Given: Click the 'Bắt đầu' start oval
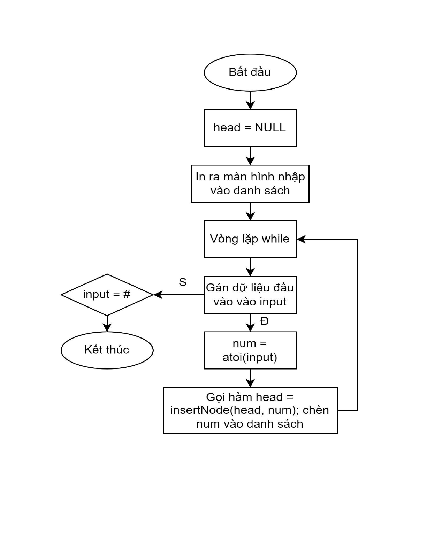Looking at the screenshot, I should (250, 72).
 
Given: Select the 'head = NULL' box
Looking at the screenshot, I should (250, 128).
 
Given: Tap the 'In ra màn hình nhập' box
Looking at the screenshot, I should (250, 184).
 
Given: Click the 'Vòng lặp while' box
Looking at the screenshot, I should (250, 239).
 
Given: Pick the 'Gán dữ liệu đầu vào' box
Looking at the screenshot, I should (250, 295).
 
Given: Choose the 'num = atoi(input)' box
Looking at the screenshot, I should (250, 350).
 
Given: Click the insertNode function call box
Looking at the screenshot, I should (250, 410).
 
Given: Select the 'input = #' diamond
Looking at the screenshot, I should (107, 295).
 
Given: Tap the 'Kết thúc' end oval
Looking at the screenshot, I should (107, 350).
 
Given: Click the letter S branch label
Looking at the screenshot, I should (183, 282).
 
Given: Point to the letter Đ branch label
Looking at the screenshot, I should (265, 321).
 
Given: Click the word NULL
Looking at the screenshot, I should (270, 127).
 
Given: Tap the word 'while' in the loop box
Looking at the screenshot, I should (275, 239).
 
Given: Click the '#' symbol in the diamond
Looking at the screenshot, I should (127, 294).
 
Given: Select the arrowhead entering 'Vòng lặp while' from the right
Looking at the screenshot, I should (300, 239).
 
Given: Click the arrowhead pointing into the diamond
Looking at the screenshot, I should (158, 295).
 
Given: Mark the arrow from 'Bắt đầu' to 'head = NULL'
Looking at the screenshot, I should (250, 100).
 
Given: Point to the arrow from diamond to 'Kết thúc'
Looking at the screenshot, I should (107, 324).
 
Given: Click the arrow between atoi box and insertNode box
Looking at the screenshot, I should (250, 378).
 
